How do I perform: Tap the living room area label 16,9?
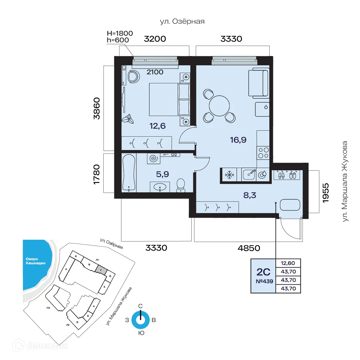tap(238, 140)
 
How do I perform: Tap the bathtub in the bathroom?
tap(129, 172)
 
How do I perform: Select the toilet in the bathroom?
tap(180, 185)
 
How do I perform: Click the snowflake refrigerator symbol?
tap(229, 175)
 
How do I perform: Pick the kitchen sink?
tap(249, 174)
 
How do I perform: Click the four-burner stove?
tap(263, 153)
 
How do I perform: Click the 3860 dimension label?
tap(97, 108)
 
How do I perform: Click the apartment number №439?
tap(264, 281)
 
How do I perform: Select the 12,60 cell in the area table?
tap(288, 263)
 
